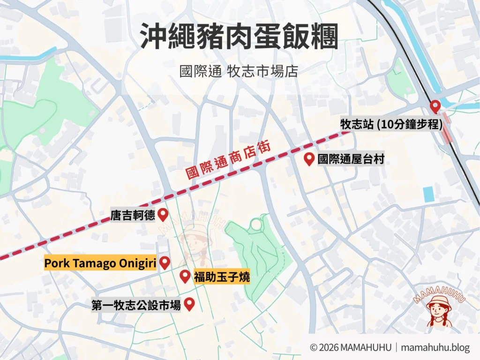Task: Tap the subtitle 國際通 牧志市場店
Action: pyautogui.click(x=239, y=71)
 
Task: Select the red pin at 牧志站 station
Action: pyautogui.click(x=435, y=106)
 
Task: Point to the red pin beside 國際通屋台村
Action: pyautogui.click(x=309, y=159)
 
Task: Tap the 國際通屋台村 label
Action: pyautogui.click(x=351, y=159)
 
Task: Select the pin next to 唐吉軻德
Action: pyautogui.click(x=163, y=215)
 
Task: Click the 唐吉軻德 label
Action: pyautogui.click(x=133, y=216)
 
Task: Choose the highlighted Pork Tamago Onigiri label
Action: pyautogui.click(x=100, y=263)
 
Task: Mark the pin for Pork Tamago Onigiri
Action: pyautogui.click(x=165, y=263)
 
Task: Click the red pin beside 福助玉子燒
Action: pyautogui.click(x=185, y=277)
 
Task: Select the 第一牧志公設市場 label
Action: pyautogui.click(x=136, y=306)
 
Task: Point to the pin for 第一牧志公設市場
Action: pyautogui.click(x=189, y=305)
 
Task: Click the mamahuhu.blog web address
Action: pyautogui.click(x=436, y=347)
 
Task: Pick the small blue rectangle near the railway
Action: pyautogui.click(x=427, y=194)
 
